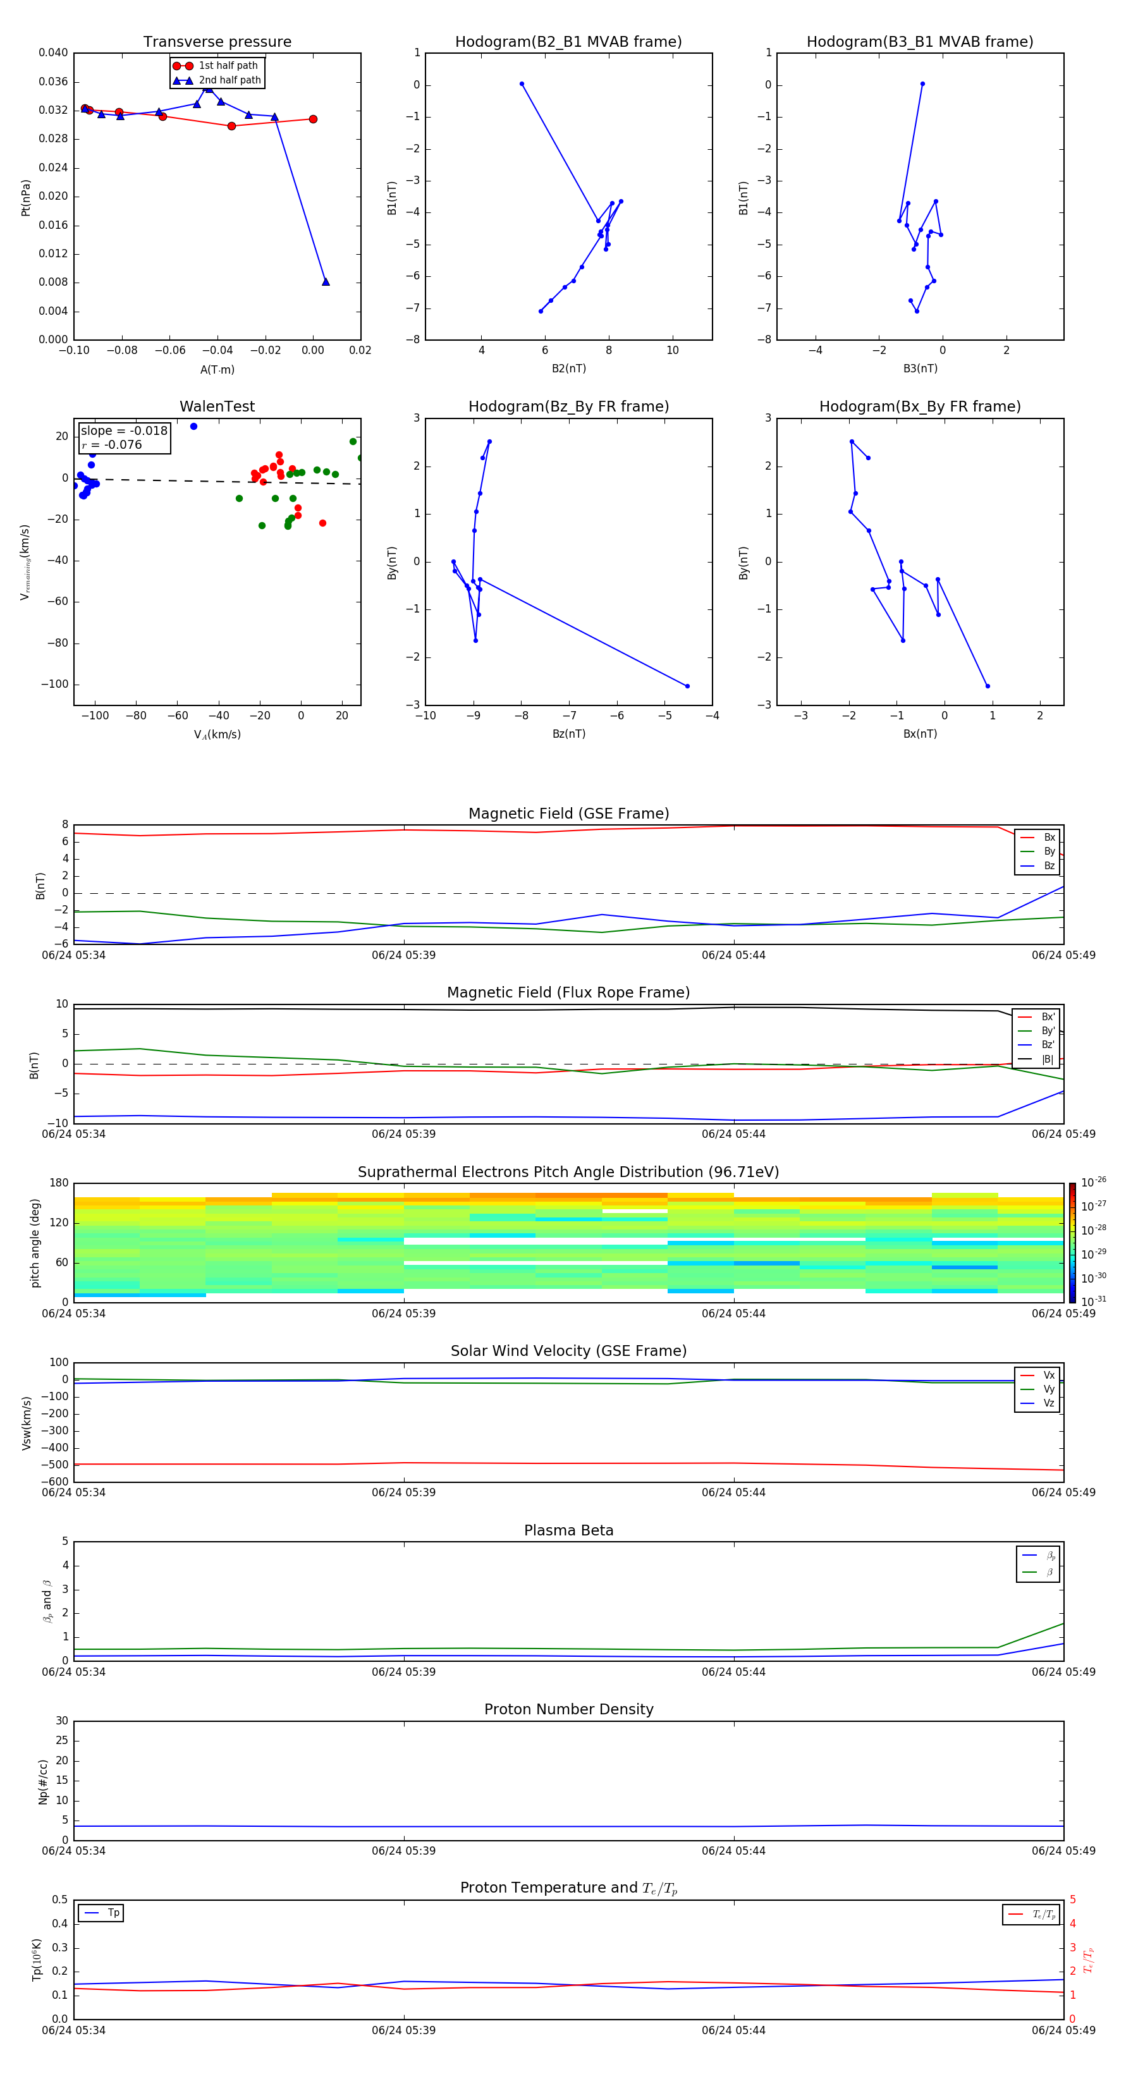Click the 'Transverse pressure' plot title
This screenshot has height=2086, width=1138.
click(217, 42)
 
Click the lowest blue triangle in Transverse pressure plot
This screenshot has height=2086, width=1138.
click(326, 282)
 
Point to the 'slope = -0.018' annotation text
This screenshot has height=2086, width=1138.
click(124, 431)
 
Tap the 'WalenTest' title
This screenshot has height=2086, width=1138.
click(217, 406)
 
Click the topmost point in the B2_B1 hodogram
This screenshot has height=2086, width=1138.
click(522, 84)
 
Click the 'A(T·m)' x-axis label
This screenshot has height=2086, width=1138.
click(217, 370)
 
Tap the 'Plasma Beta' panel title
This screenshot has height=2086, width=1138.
click(568, 1530)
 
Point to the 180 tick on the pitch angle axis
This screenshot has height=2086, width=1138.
click(59, 1183)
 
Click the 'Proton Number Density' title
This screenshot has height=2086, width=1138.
click(568, 1709)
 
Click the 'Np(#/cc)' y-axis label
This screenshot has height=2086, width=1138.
click(44, 1781)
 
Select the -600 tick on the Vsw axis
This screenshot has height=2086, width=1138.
click(54, 1482)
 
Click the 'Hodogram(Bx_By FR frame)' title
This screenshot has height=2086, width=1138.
click(919, 406)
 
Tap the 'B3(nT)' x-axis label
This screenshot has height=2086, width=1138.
click(920, 369)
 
